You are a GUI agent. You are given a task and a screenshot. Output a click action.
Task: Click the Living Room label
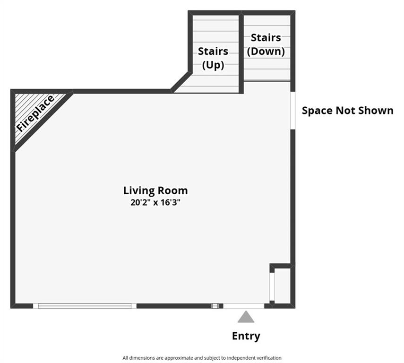(155, 191)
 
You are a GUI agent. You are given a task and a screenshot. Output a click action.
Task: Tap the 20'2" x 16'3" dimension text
(155, 202)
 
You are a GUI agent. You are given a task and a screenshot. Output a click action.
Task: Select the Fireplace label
(35, 113)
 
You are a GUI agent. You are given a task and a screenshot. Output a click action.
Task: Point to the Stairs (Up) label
(213, 58)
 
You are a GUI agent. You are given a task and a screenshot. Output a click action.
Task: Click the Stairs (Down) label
(266, 44)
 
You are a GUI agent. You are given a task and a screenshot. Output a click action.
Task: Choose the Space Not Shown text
(348, 110)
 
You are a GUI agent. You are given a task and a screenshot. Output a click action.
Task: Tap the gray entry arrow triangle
(246, 317)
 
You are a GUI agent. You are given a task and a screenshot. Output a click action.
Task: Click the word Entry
(246, 336)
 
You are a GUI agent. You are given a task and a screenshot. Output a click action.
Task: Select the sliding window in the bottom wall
(85, 306)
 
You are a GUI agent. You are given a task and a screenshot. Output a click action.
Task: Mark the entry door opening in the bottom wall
(243, 306)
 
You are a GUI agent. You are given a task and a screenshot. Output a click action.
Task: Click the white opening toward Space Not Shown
(292, 111)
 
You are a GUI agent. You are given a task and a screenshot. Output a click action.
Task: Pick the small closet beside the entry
(283, 286)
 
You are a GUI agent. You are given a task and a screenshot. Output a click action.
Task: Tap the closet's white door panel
(272, 287)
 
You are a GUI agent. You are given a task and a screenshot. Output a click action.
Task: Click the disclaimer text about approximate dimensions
(202, 358)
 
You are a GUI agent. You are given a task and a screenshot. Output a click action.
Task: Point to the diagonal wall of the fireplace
(43, 121)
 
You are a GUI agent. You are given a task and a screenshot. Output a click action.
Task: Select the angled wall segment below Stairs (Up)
(181, 82)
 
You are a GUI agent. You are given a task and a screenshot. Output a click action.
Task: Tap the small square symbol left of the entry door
(215, 306)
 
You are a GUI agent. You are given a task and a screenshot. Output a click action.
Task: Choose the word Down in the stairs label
(266, 51)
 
